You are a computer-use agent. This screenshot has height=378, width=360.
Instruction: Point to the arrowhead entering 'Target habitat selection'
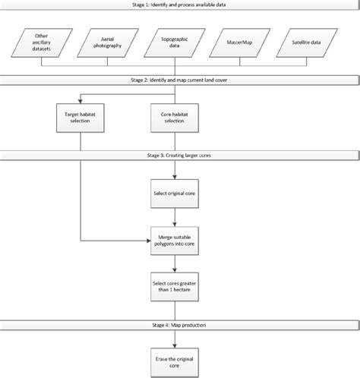click(x=80, y=99)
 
